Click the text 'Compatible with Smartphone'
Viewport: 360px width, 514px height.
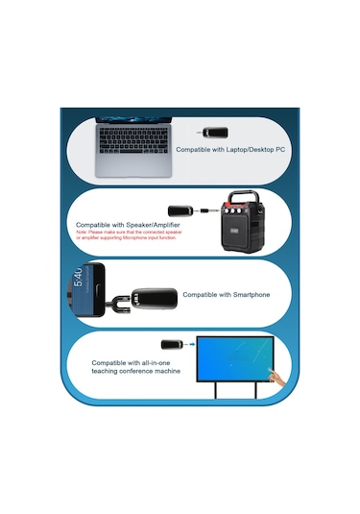[x=227, y=295]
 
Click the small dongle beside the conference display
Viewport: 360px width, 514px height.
[x=172, y=344]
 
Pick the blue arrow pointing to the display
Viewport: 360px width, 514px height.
[x=192, y=345]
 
